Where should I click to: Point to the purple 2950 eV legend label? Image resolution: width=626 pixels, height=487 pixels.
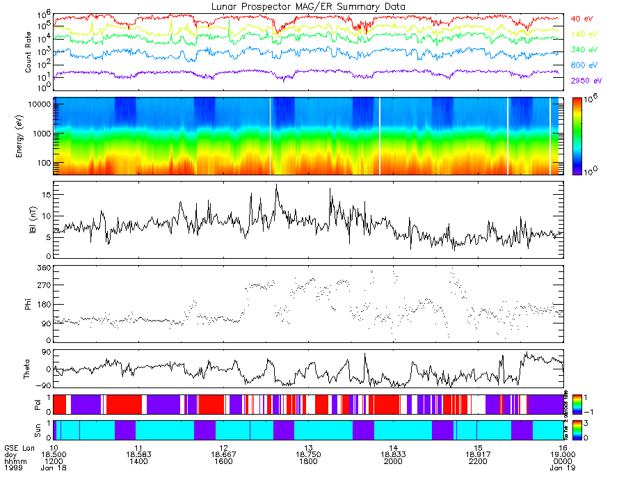pyautogui.click(x=584, y=81)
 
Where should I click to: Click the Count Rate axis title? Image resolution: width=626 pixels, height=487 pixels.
pyautogui.click(x=29, y=53)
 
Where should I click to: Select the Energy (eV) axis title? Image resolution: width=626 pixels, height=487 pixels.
pyautogui.click(x=29, y=136)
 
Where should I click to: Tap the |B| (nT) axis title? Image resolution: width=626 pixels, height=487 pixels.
pyautogui.click(x=29, y=220)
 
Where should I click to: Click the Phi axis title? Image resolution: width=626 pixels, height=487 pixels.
pyautogui.click(x=29, y=303)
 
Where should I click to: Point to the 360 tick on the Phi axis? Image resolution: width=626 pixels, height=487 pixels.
pyautogui.click(x=43, y=268)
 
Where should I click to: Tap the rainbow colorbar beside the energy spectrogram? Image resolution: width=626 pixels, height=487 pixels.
pyautogui.click(x=581, y=136)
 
